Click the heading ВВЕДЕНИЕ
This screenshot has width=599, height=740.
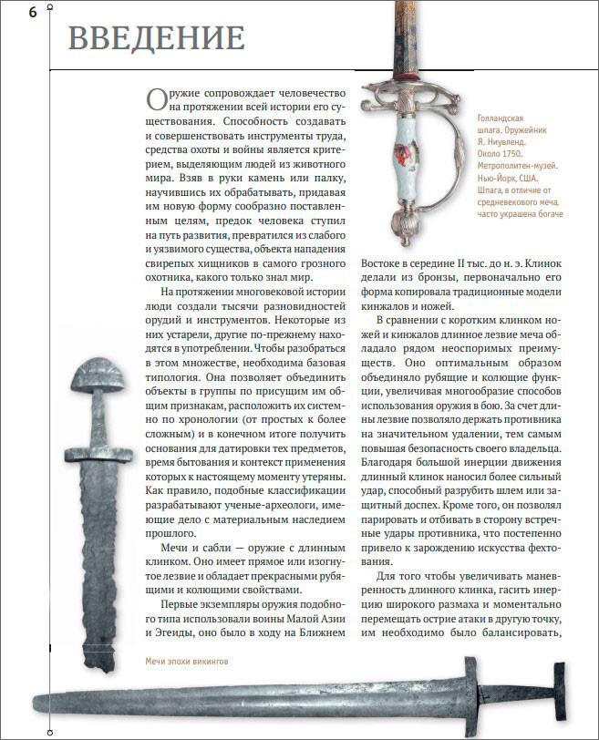pyautogui.click(x=156, y=38)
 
